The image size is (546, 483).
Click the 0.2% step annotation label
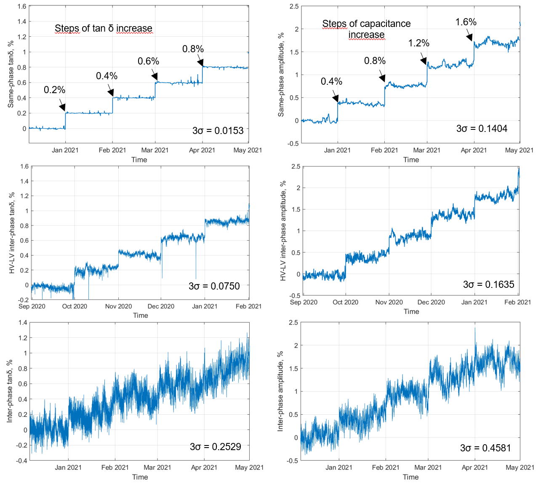tap(54, 90)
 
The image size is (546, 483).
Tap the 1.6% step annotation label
tap(466, 22)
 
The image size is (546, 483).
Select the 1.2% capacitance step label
tap(418, 43)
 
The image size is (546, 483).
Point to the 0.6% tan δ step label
tap(148, 61)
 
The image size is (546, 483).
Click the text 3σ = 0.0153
tap(218, 131)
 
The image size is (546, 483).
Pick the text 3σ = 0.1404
tap(482, 129)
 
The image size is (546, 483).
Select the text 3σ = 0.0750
tap(214, 286)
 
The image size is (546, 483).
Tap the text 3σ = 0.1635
tap(488, 284)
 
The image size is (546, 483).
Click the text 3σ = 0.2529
tap(215, 447)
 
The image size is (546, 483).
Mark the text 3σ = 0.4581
tap(485, 448)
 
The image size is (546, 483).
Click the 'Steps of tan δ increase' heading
tap(103, 28)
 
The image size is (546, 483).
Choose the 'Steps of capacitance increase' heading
tap(366, 29)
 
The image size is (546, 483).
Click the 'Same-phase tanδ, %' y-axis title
tap(11, 74)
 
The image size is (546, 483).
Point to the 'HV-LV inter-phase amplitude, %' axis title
tap(283, 231)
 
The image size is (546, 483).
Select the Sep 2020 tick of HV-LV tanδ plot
tap(32, 306)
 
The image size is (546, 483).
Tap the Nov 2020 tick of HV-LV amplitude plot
tap(389, 302)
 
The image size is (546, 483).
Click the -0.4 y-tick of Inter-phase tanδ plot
tap(22, 461)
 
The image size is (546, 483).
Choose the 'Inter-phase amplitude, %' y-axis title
tap(281, 391)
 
